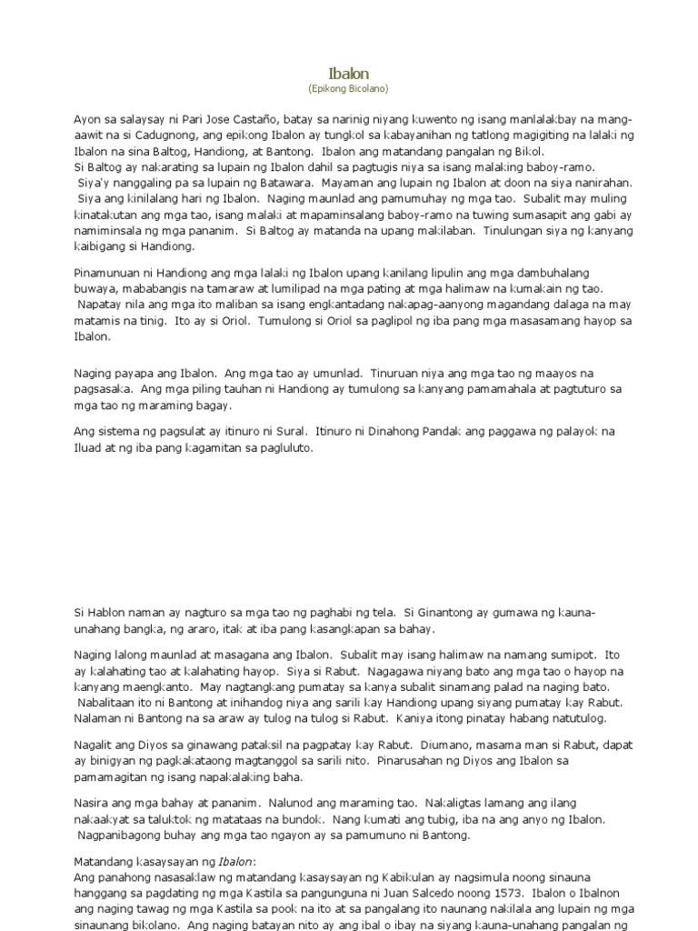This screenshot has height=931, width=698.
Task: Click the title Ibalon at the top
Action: (349, 73)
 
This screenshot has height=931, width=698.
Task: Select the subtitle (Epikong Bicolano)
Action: (349, 88)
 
